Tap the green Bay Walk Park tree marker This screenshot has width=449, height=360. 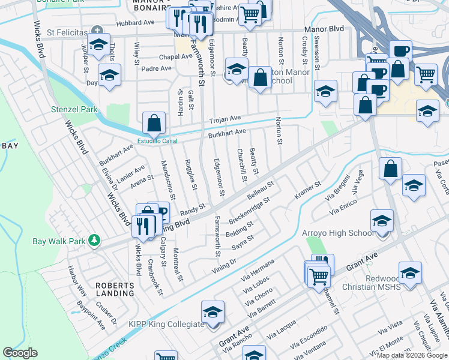pyautogui.click(x=94, y=241)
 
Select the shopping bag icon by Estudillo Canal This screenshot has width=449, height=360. pyautogui.click(x=154, y=124)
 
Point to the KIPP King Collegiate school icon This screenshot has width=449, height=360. pyautogui.click(x=212, y=312)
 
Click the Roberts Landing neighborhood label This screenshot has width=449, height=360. pyautogui.click(x=115, y=289)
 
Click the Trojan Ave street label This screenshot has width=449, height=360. pyautogui.click(x=224, y=119)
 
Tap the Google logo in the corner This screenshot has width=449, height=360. pyautogui.click(x=20, y=352)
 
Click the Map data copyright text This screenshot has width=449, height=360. pyautogui.click(x=412, y=355)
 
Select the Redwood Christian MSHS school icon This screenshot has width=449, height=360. pyautogui.click(x=410, y=272)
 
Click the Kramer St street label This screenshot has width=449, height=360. pyautogui.click(x=307, y=191)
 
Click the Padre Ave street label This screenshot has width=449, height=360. pyautogui.click(x=156, y=68)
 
